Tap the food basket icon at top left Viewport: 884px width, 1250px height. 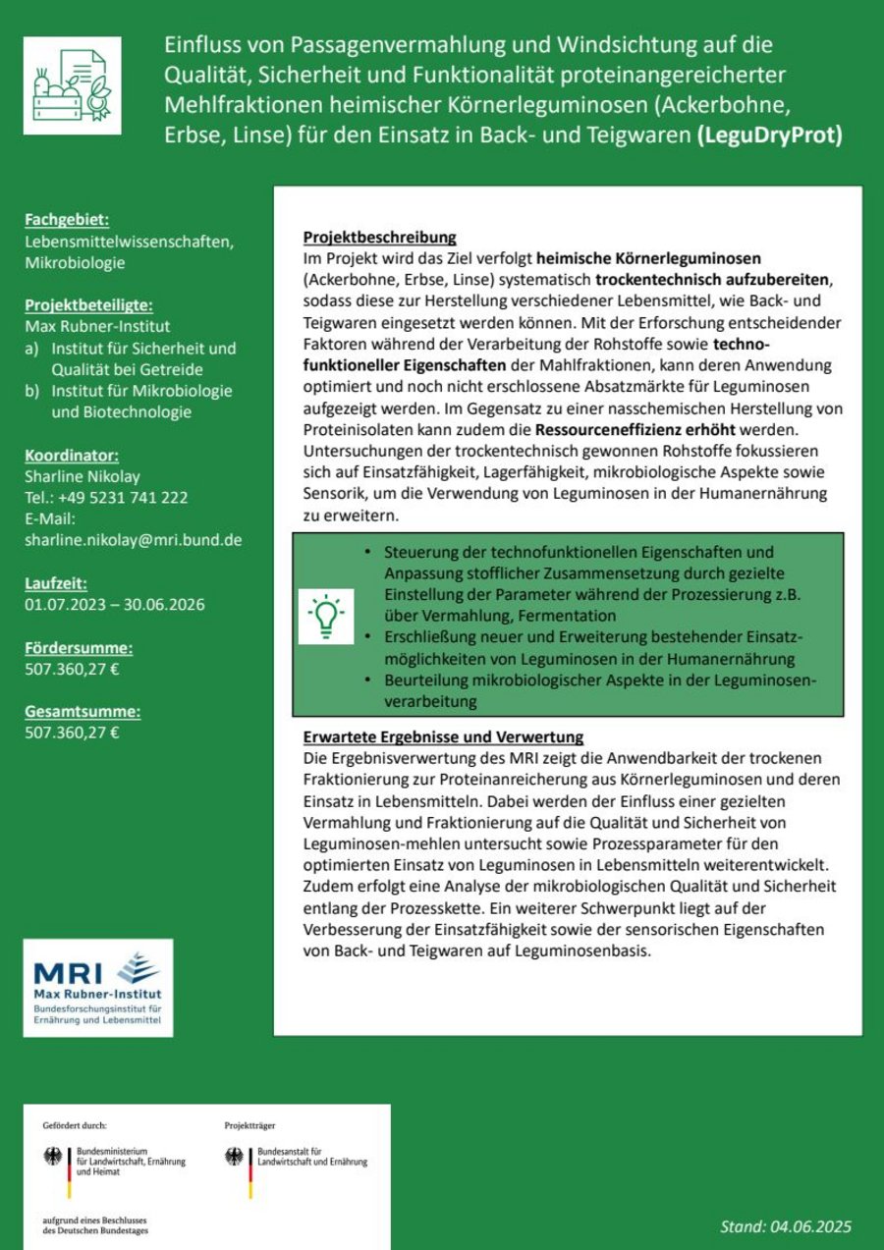tap(73, 86)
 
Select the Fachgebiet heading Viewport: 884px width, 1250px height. tap(67, 219)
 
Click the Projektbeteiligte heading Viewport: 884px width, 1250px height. tap(88, 305)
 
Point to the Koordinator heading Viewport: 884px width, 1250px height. tap(72, 456)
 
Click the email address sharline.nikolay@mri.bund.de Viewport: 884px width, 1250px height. tap(134, 540)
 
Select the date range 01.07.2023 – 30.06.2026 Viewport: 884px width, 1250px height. tap(115, 605)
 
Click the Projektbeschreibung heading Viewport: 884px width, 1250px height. tap(379, 239)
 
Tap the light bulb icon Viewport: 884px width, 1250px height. tap(325, 617)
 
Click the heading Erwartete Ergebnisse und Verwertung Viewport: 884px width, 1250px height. tap(443, 737)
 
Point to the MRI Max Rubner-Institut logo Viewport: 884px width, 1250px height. tap(98, 988)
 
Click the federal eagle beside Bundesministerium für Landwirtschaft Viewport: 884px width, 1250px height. tap(52, 1157)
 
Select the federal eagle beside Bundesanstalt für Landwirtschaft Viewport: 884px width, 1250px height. tap(235, 1157)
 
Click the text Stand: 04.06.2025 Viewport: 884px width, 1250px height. tap(786, 1226)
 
